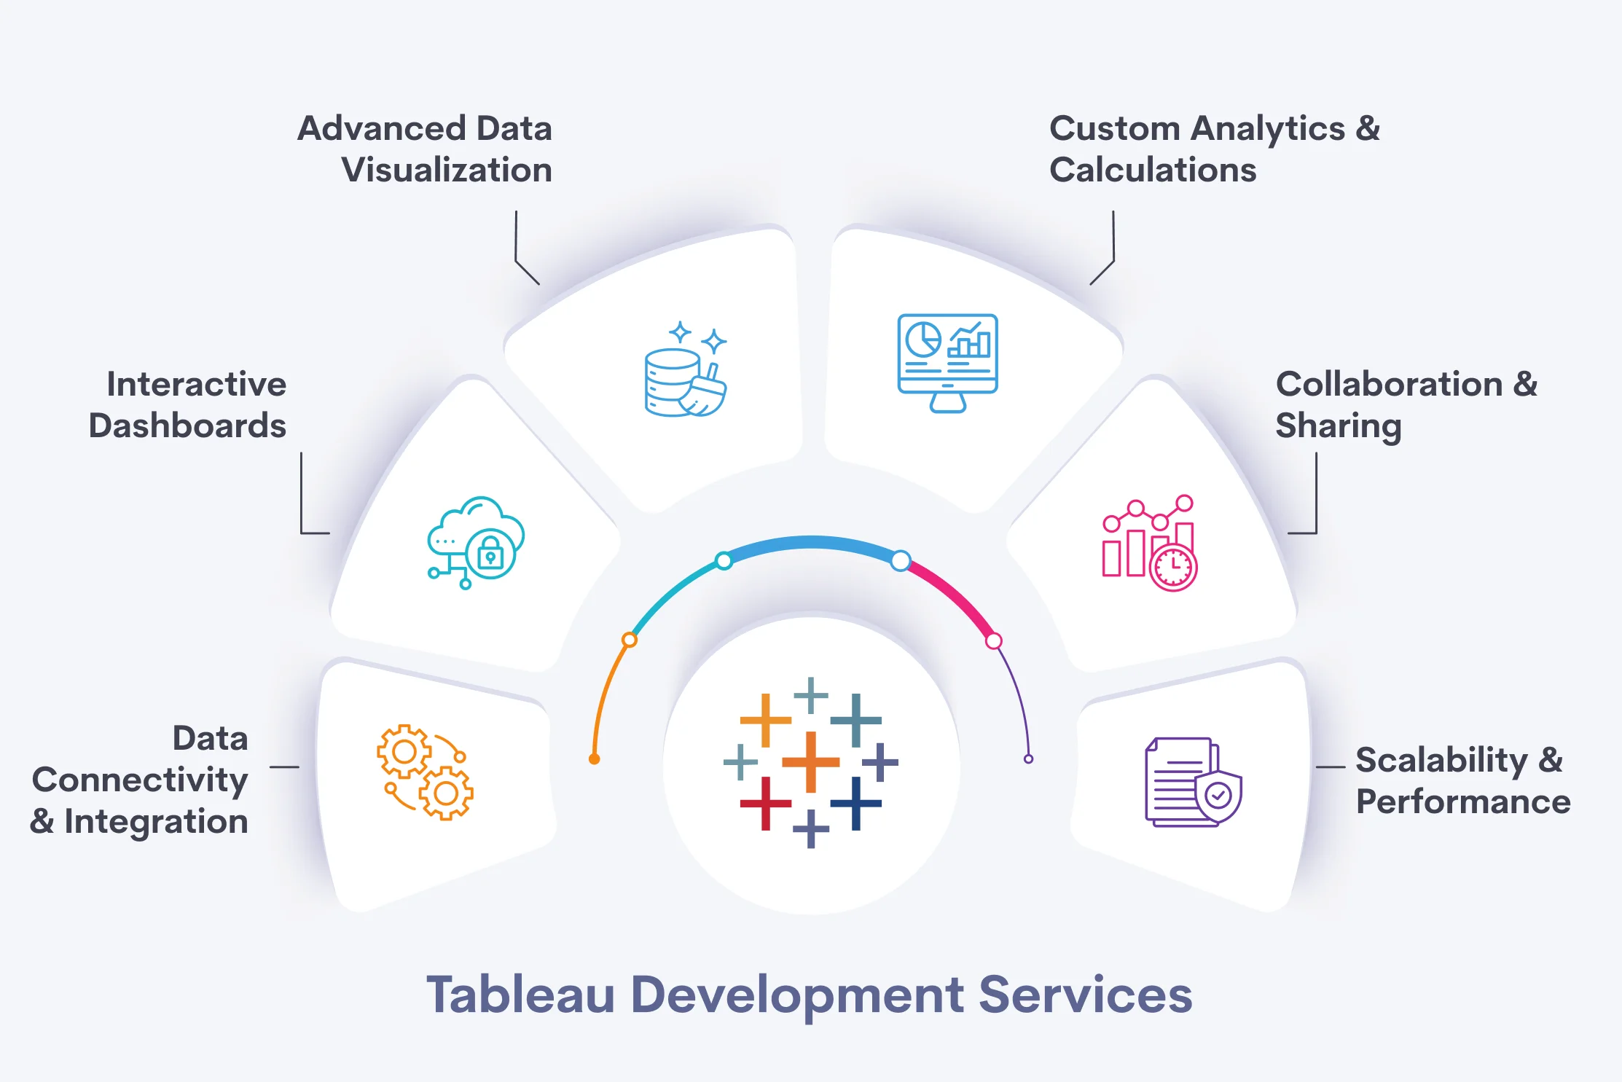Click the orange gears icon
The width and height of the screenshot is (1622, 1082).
click(x=425, y=772)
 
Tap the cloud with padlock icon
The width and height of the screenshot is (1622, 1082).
click(x=475, y=542)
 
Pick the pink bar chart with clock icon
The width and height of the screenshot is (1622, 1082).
click(x=1149, y=543)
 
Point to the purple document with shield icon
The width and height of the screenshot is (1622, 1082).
click(x=1193, y=782)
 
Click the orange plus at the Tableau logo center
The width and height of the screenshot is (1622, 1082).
click(x=810, y=762)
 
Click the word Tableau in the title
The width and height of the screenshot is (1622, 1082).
click(x=520, y=995)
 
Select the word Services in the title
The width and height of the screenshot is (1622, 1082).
click(x=1085, y=995)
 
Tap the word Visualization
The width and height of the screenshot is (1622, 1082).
click(x=447, y=170)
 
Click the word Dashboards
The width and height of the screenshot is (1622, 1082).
click(x=187, y=426)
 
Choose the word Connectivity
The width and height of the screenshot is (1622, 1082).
click(x=140, y=780)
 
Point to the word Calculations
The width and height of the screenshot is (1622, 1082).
click(x=1153, y=170)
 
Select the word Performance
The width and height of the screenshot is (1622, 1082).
click(x=1462, y=801)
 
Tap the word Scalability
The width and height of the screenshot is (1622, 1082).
click(x=1441, y=760)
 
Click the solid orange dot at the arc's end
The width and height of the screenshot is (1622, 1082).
click(x=595, y=759)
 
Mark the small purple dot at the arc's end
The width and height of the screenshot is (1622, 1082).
click(x=1028, y=759)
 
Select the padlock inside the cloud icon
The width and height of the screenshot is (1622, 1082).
click(x=490, y=554)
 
